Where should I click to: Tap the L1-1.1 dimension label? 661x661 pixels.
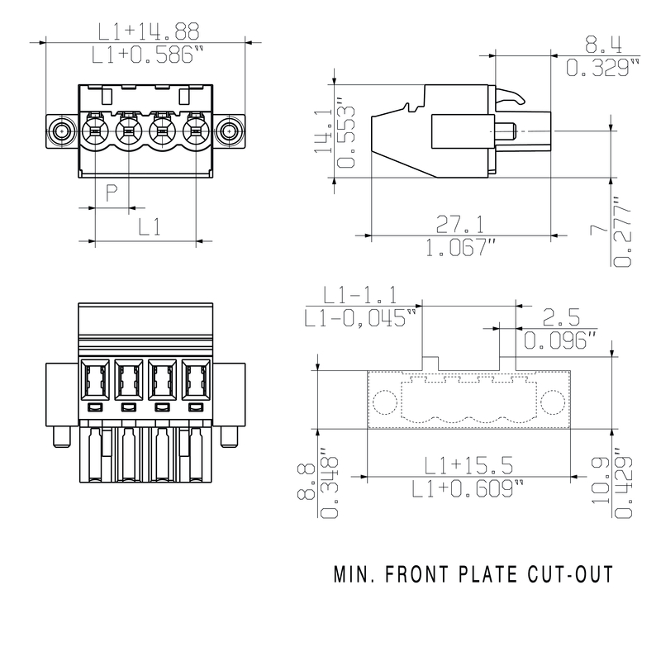(360, 294)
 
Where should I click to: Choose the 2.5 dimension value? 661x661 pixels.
(561, 316)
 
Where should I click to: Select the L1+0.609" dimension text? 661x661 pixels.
(468, 488)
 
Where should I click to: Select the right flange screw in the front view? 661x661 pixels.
(230, 131)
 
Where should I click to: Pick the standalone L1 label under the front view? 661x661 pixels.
(149, 226)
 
